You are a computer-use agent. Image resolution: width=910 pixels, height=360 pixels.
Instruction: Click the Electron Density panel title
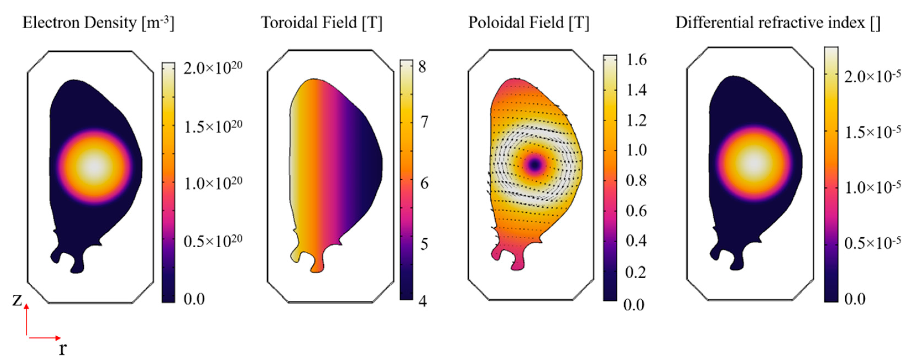pyautogui.click(x=98, y=23)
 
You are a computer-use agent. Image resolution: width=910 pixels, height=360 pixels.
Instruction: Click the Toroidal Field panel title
pyautogui.click(x=321, y=23)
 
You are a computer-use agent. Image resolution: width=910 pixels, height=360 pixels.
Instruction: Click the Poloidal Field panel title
pyautogui.click(x=529, y=23)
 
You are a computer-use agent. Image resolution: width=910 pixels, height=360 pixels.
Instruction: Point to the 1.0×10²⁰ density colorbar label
pyautogui.click(x=213, y=184)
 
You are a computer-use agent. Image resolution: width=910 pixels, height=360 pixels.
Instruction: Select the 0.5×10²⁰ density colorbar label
pyautogui.click(x=213, y=242)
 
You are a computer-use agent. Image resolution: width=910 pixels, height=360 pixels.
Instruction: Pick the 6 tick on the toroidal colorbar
pyautogui.click(x=424, y=183)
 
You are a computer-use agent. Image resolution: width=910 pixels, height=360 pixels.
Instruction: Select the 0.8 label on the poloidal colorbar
pyautogui.click(x=636, y=181)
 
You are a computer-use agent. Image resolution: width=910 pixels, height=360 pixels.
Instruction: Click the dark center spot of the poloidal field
pyautogui.click(x=535, y=164)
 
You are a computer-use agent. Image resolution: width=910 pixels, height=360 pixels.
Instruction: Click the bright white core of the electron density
pyautogui.click(x=95, y=167)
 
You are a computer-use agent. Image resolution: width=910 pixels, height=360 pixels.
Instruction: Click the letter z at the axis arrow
pyautogui.click(x=17, y=300)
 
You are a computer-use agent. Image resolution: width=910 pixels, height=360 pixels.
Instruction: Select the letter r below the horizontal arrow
pyautogui.click(x=62, y=349)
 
